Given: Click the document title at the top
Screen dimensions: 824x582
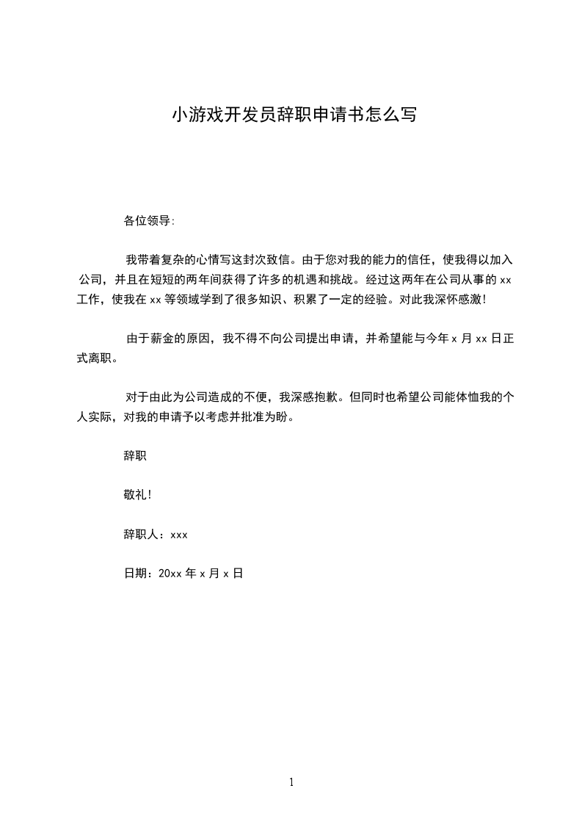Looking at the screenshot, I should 294,115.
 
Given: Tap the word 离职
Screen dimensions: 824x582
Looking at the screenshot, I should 101,358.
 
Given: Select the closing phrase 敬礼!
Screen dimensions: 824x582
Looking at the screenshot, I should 138,495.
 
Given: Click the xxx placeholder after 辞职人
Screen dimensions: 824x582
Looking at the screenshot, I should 179,535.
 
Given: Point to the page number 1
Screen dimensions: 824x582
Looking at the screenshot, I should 291,782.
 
